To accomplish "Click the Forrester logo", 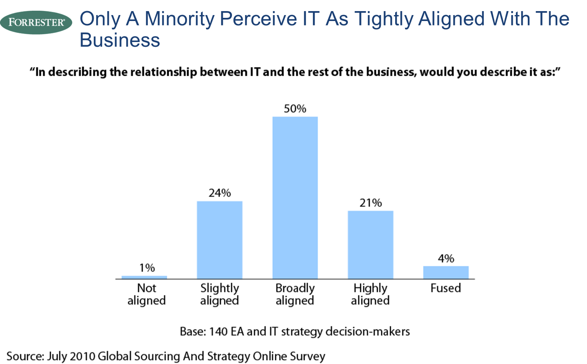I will [x=36, y=22].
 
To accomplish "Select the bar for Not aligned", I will [x=144, y=277].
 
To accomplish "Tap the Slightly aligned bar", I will [x=220, y=240].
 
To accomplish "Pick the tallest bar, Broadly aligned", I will [x=295, y=197].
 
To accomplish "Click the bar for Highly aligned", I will [x=371, y=245].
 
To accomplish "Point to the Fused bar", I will [x=446, y=272].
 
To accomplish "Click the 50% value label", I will [x=295, y=109].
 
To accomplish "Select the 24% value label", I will [x=220, y=193].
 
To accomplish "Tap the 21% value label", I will [x=371, y=203].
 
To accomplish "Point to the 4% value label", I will [x=446, y=259].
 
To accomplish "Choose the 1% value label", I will [x=147, y=268].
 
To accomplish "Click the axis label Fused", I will [x=446, y=288].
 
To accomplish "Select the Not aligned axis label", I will [x=147, y=294].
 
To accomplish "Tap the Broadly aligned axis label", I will [x=295, y=294].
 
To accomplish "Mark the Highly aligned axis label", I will [x=371, y=294].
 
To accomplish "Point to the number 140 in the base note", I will [x=218, y=331].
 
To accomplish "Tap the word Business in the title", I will [x=120, y=40].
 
